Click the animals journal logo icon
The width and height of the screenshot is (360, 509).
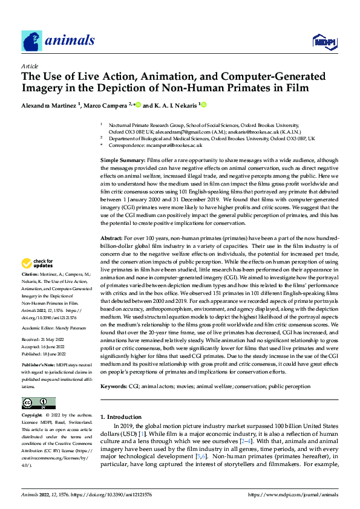32,41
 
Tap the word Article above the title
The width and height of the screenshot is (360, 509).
30,66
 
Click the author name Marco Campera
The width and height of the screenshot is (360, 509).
106,105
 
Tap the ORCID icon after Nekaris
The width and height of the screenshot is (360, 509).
204,105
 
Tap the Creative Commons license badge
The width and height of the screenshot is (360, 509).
38,403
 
